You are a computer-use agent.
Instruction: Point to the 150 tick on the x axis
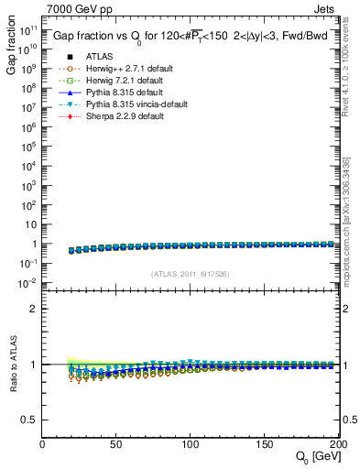tap(263, 444)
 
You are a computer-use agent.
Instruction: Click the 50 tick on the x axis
tap(116, 444)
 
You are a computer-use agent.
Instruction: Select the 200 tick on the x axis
tap(335, 444)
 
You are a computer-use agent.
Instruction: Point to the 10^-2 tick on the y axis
tap(28, 283)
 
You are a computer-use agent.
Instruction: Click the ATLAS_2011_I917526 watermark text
tap(190, 273)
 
